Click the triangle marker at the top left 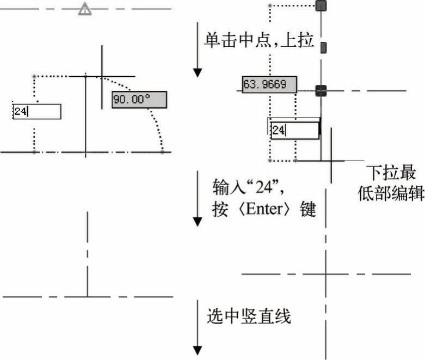click(x=84, y=9)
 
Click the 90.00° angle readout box click(x=139, y=100)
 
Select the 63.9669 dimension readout click(x=269, y=84)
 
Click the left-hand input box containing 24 click(x=37, y=111)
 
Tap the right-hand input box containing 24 click(x=294, y=131)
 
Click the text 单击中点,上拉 click(x=259, y=40)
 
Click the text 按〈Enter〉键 click(x=264, y=210)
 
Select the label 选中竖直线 click(x=249, y=316)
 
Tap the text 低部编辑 click(x=391, y=193)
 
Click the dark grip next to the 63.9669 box click(x=321, y=90)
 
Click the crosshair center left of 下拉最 click(x=331, y=161)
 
